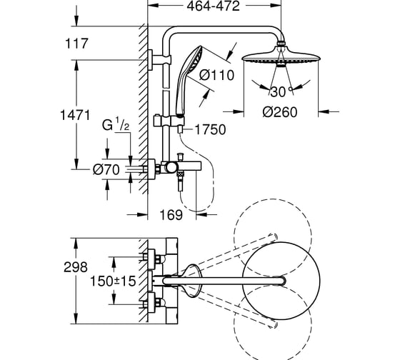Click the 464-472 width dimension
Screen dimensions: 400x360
point(214,6)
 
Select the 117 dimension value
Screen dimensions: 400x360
point(76,44)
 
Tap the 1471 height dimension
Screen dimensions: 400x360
point(75,115)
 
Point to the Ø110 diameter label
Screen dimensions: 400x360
point(216,75)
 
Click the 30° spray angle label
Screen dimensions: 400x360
point(281,92)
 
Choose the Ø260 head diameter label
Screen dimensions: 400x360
point(280,112)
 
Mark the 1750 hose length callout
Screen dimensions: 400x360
point(211,129)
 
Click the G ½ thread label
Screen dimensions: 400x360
point(116,124)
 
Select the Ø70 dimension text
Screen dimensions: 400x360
point(106,169)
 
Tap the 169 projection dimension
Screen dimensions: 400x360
point(171,215)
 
